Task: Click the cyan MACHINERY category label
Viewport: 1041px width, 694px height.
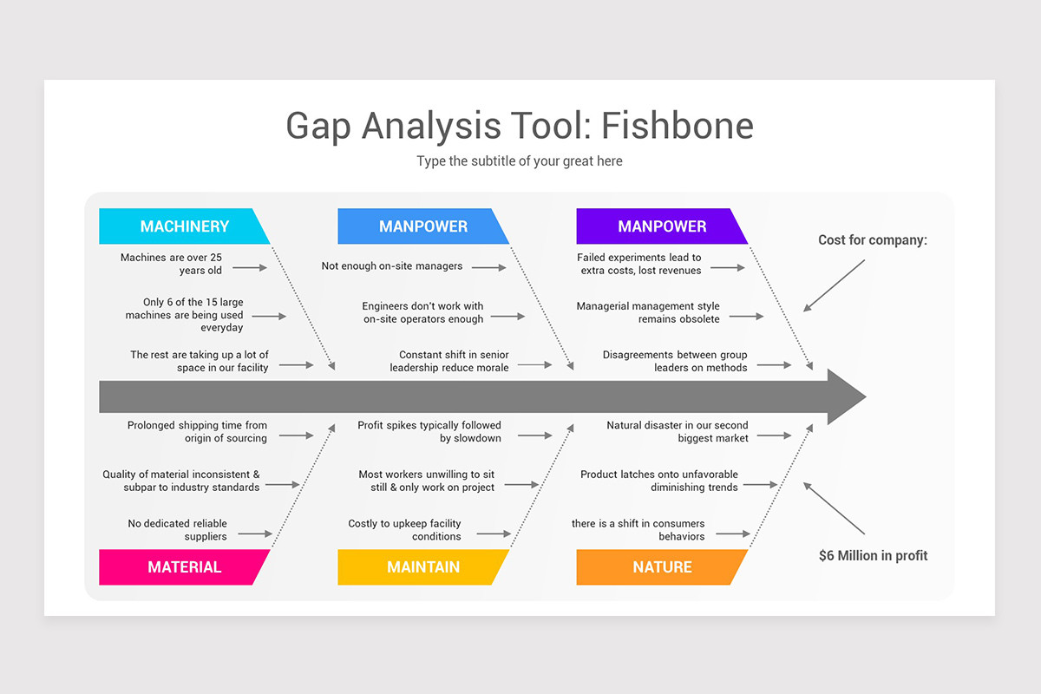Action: [184, 226]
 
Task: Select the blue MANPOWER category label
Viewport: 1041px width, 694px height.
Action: [422, 226]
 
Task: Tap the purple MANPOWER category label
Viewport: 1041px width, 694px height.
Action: [661, 226]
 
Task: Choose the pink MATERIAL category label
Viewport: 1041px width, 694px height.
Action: [184, 567]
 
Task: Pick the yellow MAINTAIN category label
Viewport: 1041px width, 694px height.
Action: [422, 567]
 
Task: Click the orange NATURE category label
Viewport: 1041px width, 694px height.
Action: [661, 567]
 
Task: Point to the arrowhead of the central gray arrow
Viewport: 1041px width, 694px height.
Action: [846, 397]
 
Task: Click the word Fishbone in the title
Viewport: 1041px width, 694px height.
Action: [677, 126]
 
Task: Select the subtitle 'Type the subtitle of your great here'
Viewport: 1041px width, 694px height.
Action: [519, 161]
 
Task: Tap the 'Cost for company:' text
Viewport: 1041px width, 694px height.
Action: [872, 240]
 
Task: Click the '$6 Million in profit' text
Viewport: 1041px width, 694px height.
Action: [873, 555]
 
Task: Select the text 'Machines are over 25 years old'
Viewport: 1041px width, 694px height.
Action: [172, 264]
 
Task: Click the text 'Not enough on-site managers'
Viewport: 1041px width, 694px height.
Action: [392, 266]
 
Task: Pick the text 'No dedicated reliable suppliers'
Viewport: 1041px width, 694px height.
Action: [178, 530]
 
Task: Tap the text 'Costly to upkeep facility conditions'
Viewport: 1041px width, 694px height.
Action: [405, 530]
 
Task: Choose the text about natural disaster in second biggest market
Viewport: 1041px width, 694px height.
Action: [678, 432]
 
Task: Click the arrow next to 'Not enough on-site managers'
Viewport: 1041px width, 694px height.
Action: [489, 268]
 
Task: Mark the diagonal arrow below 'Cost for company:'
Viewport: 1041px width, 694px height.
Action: [834, 285]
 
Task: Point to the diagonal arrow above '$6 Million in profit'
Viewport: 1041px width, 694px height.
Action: [834, 508]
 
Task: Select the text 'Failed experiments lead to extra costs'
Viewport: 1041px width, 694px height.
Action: [639, 264]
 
